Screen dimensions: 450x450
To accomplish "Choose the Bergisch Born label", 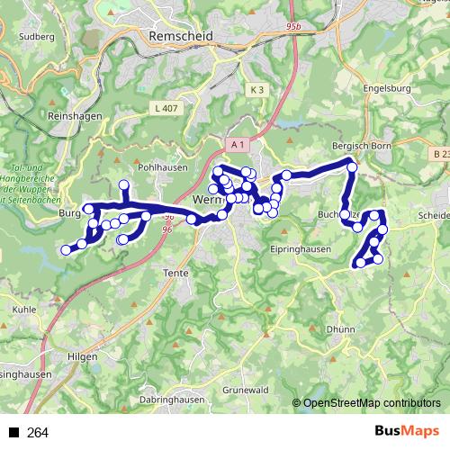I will click(x=363, y=146).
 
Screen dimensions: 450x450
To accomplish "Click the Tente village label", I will click(x=174, y=272).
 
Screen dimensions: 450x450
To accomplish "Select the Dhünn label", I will click(x=341, y=329).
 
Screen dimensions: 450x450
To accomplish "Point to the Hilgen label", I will click(x=82, y=356).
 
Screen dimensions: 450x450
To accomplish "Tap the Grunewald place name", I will click(x=246, y=391).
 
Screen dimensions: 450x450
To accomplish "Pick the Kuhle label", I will click(x=24, y=308).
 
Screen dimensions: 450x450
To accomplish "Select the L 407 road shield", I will click(x=161, y=109).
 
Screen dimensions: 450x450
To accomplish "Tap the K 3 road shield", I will click(x=258, y=90).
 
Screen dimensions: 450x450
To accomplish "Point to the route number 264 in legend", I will click(x=38, y=433).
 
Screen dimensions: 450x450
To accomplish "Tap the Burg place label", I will click(x=68, y=213).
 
